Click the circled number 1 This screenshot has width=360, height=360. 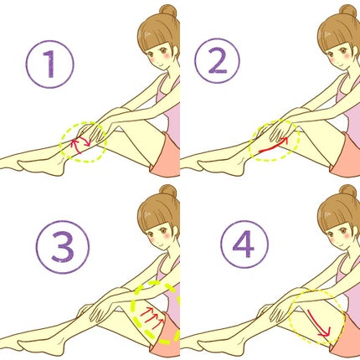click(50, 64)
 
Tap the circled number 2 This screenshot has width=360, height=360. click(217, 60)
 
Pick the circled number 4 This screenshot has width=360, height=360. click(244, 244)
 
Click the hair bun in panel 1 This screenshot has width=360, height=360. click(168, 12)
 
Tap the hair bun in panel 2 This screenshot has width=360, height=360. click(348, 12)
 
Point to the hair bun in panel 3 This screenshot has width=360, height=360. click(168, 192)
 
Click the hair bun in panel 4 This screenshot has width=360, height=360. click(348, 192)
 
